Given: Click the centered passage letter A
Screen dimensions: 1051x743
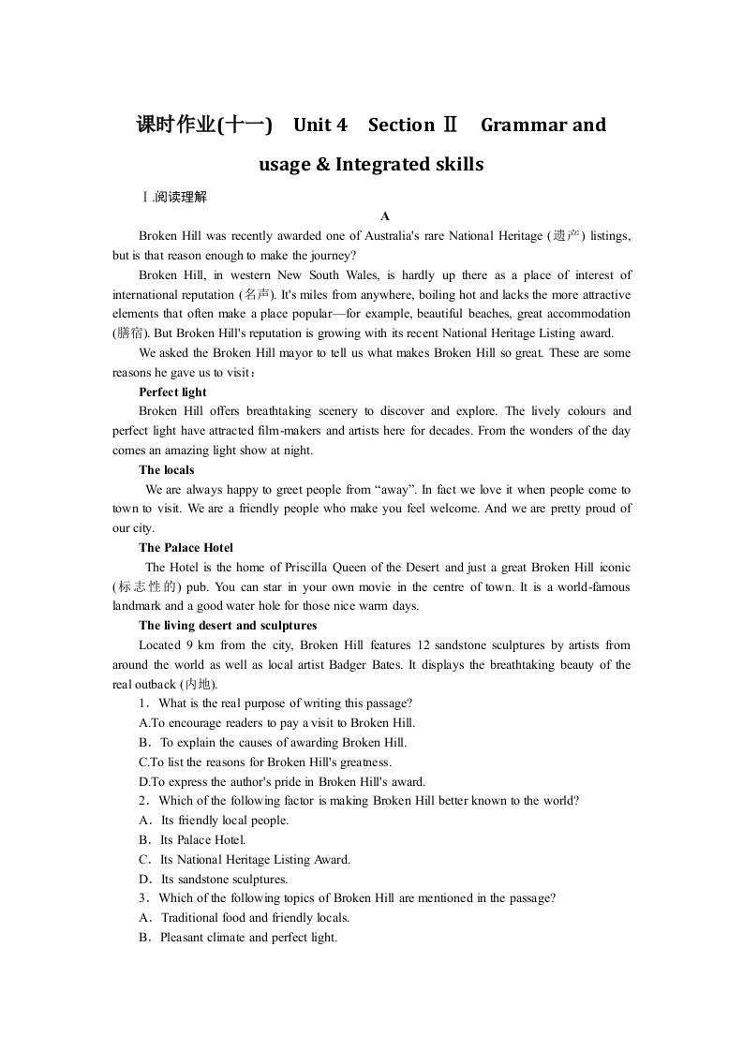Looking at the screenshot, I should [384, 216].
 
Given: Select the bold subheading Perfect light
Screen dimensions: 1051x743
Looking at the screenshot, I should [172, 392].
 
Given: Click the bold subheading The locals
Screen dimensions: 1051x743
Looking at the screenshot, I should [167, 469].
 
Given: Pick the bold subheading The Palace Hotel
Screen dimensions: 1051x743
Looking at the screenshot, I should [186, 547].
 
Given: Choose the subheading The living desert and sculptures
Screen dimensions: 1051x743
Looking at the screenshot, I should [228, 625].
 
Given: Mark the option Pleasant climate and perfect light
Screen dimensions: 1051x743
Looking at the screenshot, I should [248, 937].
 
